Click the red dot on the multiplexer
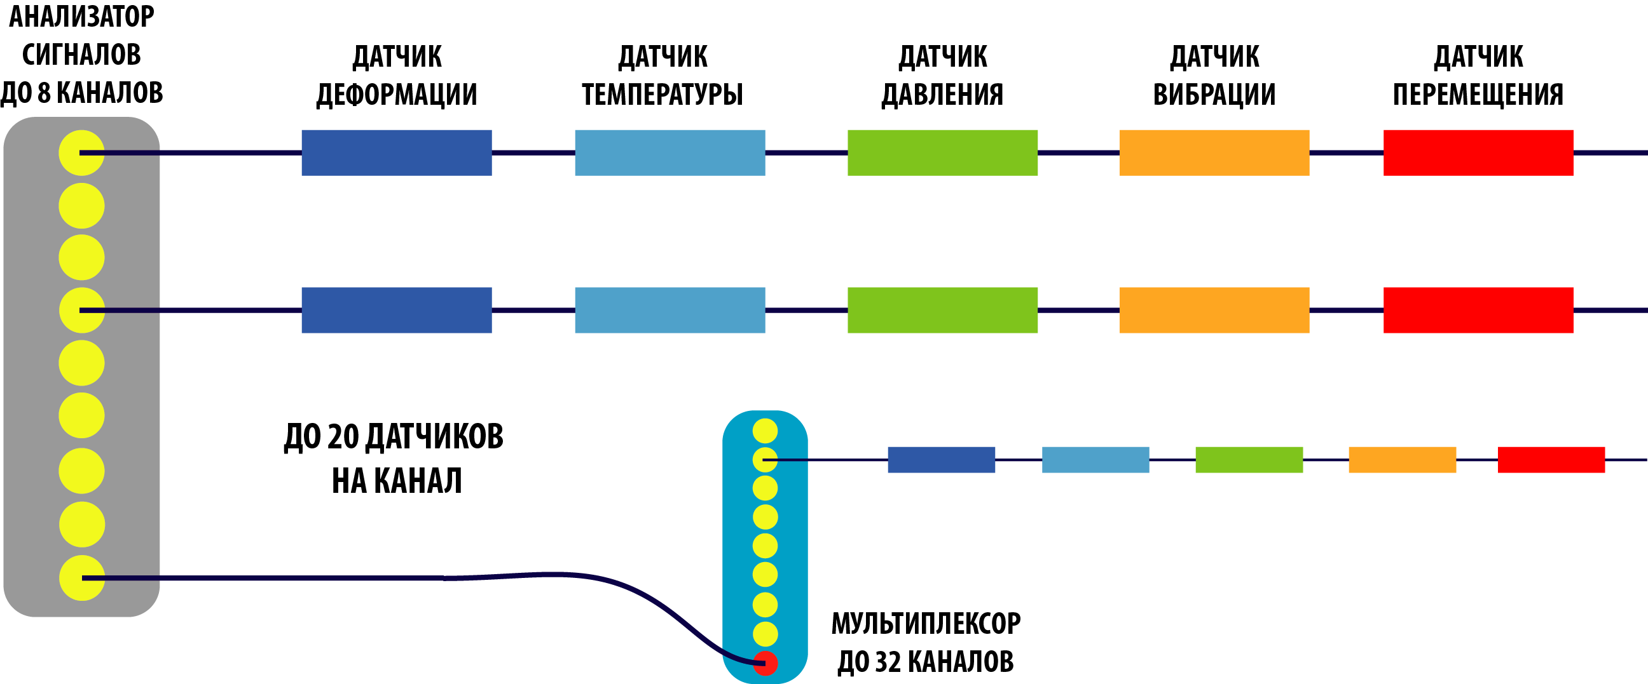pos(765,663)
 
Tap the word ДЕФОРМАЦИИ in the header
pos(397,95)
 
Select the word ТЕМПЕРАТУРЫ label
pos(662,95)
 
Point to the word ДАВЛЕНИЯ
pos(942,95)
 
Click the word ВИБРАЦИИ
pos(1214,95)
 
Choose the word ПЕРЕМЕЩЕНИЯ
pos(1478,95)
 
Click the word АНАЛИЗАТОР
pos(81,17)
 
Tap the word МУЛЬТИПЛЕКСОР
pos(926,624)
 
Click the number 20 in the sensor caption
pos(343,437)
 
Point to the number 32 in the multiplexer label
pos(888,662)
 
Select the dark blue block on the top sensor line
pos(397,153)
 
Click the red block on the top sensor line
pos(1478,153)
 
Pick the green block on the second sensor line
pos(942,310)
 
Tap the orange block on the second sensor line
pos(1214,310)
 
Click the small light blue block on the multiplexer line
pos(1095,460)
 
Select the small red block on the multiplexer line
pos(1551,460)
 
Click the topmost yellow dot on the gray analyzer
pos(82,153)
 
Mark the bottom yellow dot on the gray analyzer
pos(82,578)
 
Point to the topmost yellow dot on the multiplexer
pos(765,431)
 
